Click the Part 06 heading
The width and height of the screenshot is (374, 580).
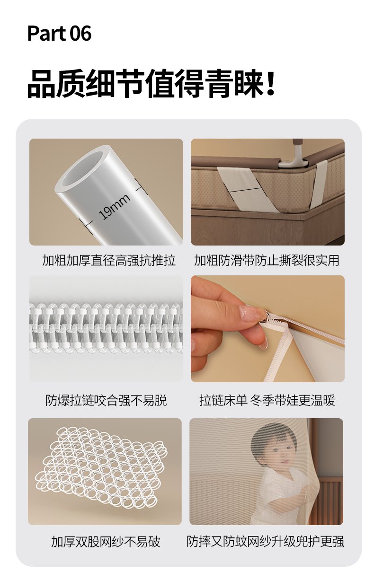pyautogui.click(x=59, y=34)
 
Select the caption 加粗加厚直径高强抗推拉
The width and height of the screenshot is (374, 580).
pyautogui.click(x=109, y=260)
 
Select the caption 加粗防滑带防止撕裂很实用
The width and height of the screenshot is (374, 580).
pyautogui.click(x=267, y=260)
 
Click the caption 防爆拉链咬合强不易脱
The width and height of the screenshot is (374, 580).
pyautogui.click(x=106, y=400)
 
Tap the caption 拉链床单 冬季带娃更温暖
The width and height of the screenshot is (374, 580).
pyautogui.click(x=267, y=400)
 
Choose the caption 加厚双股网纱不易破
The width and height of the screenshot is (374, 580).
pyautogui.click(x=106, y=542)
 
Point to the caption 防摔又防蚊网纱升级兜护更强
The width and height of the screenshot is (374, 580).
pyautogui.click(x=266, y=542)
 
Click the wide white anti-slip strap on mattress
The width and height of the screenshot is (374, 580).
pyautogui.click(x=245, y=189)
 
